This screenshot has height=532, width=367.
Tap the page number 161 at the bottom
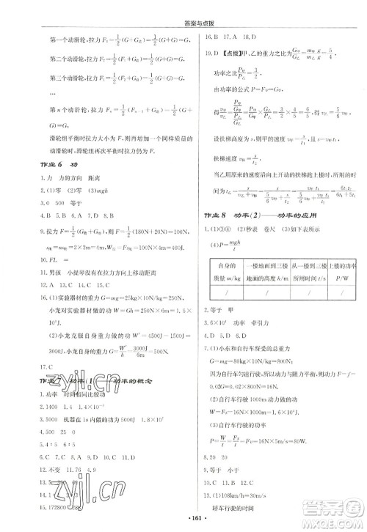coord(183,519)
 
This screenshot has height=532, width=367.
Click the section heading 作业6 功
coord(54,165)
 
